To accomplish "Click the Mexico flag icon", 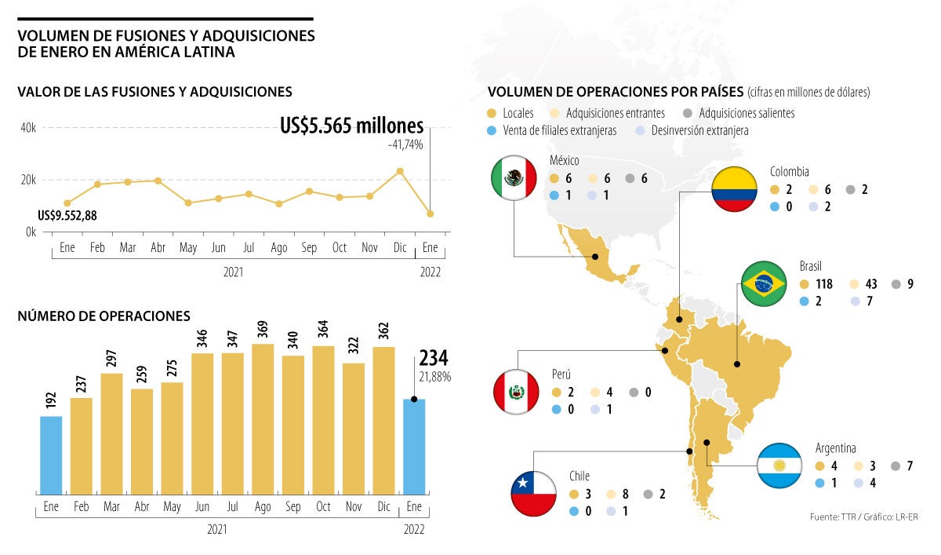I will point(514,177).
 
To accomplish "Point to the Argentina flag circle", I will point(779,466).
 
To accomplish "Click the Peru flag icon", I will point(516,392).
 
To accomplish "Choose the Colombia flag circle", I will point(734,188).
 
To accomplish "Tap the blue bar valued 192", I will point(51,455).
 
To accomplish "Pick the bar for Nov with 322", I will point(354,428).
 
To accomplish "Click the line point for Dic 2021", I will point(400,171).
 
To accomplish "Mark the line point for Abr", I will point(158,181).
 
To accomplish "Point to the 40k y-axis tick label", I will point(28,128).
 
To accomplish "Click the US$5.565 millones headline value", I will point(351,126).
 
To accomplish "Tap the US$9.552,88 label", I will point(67,216).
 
